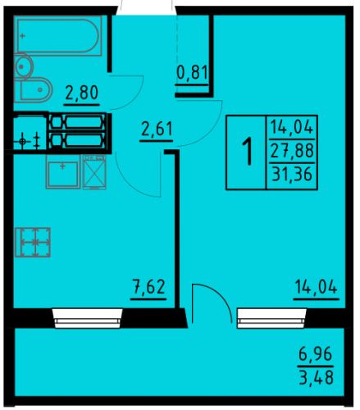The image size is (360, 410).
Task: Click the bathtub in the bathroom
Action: (x=58, y=35)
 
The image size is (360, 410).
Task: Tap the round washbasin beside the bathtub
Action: (x=23, y=66)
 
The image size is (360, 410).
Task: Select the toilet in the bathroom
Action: (x=33, y=90)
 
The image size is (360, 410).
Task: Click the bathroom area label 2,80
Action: (x=82, y=93)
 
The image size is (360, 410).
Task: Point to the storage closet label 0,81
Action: (x=193, y=73)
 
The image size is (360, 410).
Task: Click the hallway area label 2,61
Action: (x=157, y=129)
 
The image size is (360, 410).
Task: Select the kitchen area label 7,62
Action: (x=148, y=287)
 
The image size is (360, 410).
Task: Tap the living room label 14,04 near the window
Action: (x=316, y=287)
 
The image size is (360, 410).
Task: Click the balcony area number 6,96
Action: (x=315, y=353)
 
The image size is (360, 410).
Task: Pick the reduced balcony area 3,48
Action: (x=316, y=377)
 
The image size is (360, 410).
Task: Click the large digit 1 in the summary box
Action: (x=248, y=152)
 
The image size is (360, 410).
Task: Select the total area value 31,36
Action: (x=292, y=174)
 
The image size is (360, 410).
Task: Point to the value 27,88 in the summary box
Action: (x=292, y=151)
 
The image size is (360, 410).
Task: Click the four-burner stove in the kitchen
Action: (x=33, y=243)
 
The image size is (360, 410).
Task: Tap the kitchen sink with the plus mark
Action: (x=63, y=172)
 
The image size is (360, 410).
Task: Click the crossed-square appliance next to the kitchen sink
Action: (x=94, y=172)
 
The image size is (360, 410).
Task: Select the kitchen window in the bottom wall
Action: (x=88, y=318)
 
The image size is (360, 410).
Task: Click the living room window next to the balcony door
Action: (x=271, y=318)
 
